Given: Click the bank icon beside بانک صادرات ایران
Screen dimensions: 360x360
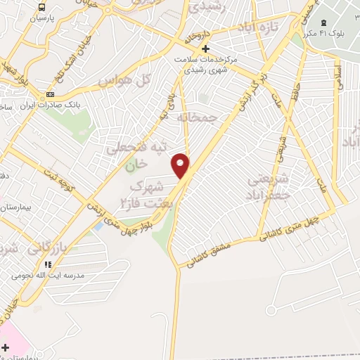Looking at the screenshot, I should point(50,94).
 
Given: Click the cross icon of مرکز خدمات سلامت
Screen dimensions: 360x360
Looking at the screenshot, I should point(205,49).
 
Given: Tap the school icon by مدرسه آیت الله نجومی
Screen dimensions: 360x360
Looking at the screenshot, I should point(47,264).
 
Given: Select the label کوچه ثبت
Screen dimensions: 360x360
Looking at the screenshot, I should point(56,176).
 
